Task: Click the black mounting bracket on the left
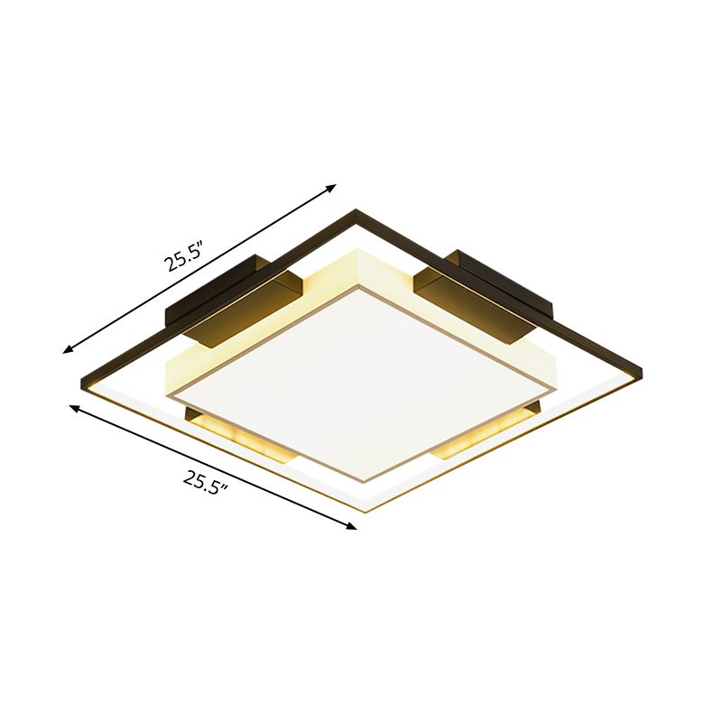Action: pos(233,295)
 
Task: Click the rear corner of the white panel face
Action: pos(361,288)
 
